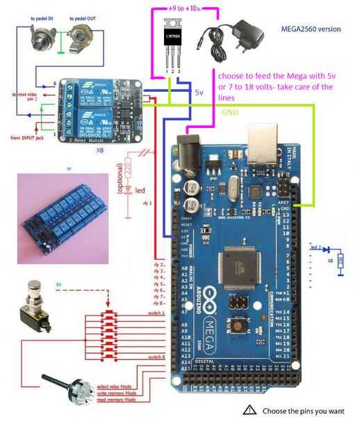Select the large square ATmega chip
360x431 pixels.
pyautogui.click(x=237, y=267)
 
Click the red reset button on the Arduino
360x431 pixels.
pyautogui.click(x=239, y=324)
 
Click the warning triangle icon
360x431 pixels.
pyautogui.click(x=249, y=410)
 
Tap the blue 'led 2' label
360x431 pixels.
pyautogui.click(x=316, y=247)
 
